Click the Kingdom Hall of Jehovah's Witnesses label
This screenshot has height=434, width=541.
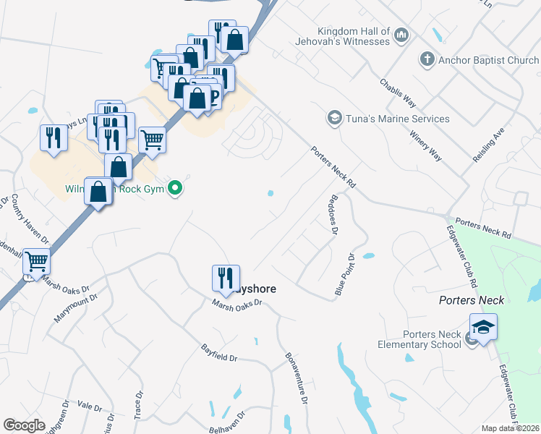354,36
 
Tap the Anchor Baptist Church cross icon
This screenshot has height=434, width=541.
427,60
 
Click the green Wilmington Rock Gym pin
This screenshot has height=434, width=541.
175,190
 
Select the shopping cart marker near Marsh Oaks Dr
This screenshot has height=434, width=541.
36,262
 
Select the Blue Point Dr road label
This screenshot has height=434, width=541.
344,274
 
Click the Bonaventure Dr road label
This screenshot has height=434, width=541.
297,378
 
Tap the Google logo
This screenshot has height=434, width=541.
24,425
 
